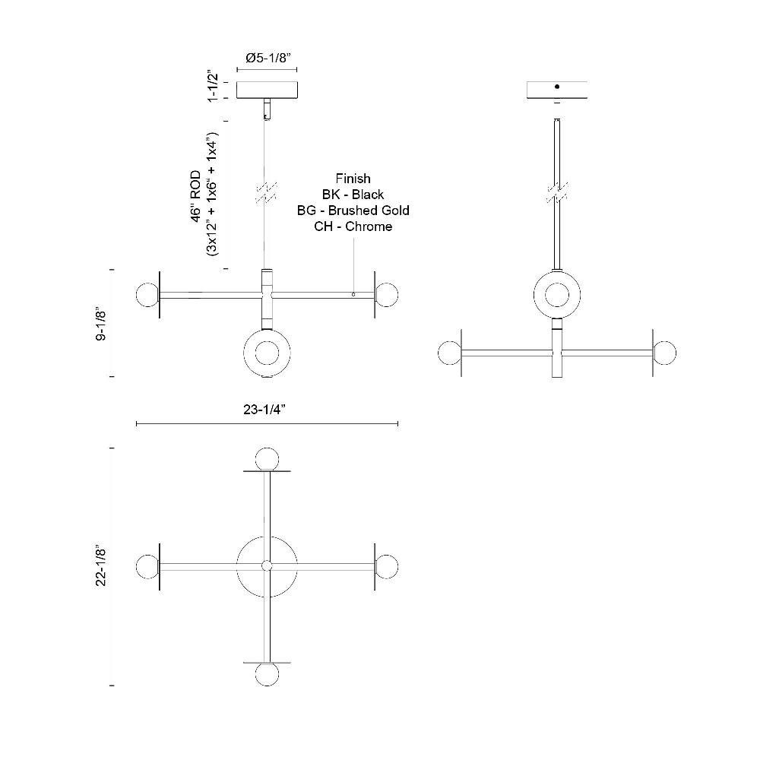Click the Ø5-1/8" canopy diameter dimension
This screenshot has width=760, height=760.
(x=268, y=59)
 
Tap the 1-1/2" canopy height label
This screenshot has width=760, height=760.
(x=213, y=87)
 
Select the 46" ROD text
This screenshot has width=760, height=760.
(x=196, y=196)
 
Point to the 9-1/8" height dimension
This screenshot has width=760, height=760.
(x=101, y=323)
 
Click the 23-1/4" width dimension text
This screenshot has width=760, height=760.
(x=264, y=410)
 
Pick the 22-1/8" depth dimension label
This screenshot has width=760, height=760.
(x=101, y=565)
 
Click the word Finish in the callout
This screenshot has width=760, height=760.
(x=353, y=179)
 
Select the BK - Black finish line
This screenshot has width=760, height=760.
(x=353, y=195)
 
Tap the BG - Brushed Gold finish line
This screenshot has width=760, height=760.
(x=353, y=211)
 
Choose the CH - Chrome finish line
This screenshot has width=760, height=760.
(x=353, y=226)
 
